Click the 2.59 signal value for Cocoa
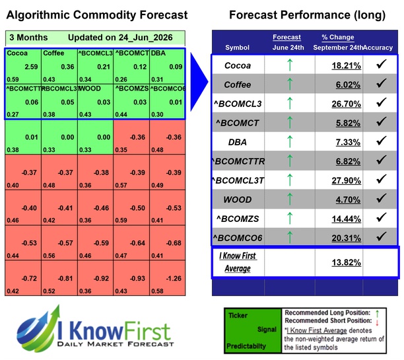(31, 67)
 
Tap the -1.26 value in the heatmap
(174, 279)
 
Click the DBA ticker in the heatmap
(158, 53)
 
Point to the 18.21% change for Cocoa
(347, 66)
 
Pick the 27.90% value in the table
(347, 180)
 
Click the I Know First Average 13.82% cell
(347, 262)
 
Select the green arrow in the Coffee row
(290, 84)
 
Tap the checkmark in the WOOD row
(381, 198)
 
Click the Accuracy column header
(378, 48)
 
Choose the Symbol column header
(237, 48)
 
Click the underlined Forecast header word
(286, 37)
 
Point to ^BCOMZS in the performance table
(238, 219)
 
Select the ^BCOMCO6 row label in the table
(238, 238)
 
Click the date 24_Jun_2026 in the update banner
(146, 38)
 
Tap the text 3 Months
(28, 38)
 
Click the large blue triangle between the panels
(199, 82)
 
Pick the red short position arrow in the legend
(377, 322)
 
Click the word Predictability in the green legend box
(246, 346)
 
